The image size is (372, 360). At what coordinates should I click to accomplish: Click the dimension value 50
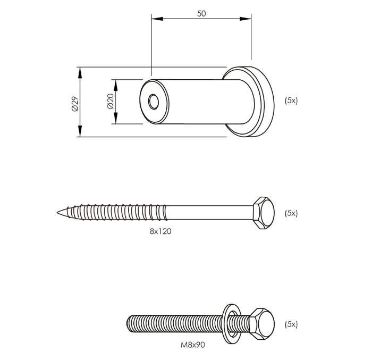[201, 14]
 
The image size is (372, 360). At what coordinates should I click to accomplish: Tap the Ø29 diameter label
[74, 104]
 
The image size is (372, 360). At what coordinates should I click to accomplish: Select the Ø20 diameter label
[111, 101]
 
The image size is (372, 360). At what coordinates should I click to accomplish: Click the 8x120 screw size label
[160, 231]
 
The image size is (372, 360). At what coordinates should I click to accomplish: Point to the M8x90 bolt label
[192, 345]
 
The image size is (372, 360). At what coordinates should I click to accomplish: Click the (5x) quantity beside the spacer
[291, 101]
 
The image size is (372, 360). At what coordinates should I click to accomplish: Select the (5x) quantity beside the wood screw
[291, 213]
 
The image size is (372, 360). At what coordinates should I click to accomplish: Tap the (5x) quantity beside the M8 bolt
[291, 324]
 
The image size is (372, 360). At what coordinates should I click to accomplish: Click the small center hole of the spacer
[154, 102]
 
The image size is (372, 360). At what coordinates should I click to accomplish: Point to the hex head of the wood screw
[264, 213]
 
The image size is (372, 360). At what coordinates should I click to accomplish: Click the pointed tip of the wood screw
[57, 212]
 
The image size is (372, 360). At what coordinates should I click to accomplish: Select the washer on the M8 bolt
[232, 324]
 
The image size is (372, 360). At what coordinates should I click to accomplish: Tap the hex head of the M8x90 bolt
[262, 324]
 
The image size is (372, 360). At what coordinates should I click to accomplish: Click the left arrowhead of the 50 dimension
[157, 19]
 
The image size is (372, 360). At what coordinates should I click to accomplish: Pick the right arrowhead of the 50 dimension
[246, 19]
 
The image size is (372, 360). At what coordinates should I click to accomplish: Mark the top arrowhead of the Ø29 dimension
[80, 73]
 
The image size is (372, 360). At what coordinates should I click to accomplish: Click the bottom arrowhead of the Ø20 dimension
[115, 118]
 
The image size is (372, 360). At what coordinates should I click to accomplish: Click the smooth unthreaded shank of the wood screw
[209, 213]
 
